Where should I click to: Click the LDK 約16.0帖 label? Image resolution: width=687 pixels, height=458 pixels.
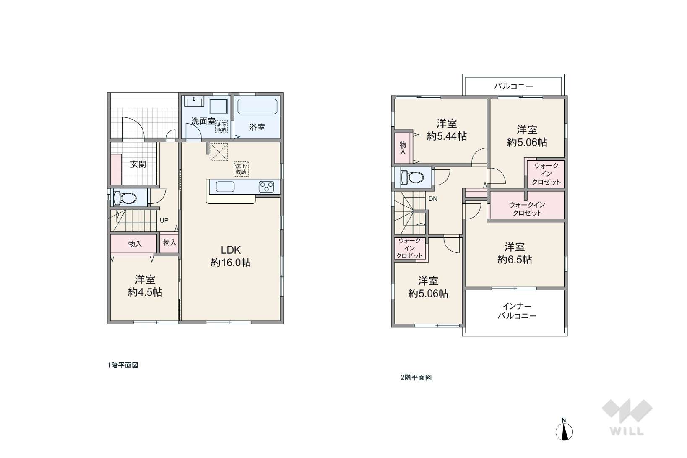pyautogui.click(x=231, y=256)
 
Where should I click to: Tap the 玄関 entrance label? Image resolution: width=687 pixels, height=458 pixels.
pyautogui.click(x=138, y=164)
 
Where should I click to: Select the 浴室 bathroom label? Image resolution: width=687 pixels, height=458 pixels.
pyautogui.click(x=257, y=128)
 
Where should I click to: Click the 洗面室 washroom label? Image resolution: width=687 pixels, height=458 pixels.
pyautogui.click(x=203, y=121)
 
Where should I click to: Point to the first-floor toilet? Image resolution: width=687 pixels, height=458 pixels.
pyautogui.click(x=125, y=198)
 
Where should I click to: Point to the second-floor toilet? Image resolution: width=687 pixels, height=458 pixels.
pyautogui.click(x=412, y=177)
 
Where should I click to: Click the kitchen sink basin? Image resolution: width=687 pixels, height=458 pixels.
pyautogui.click(x=225, y=187)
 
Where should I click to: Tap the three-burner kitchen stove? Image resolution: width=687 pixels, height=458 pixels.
pyautogui.click(x=266, y=187)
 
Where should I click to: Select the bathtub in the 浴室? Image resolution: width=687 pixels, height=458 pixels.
pyautogui.click(x=258, y=107)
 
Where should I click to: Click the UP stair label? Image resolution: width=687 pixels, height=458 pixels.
pyautogui.click(x=164, y=220)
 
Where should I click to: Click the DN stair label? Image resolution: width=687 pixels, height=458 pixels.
pyautogui.click(x=433, y=199)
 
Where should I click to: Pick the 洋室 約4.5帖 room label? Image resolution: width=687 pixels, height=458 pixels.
pyautogui.click(x=145, y=286)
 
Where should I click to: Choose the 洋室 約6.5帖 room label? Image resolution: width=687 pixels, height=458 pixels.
pyautogui.click(x=515, y=253)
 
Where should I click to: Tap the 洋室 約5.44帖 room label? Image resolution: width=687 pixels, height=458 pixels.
pyautogui.click(x=447, y=130)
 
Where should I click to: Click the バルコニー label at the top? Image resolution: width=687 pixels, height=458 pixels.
pyautogui.click(x=513, y=86)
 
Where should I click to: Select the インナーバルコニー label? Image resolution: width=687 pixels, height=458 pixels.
pyautogui.click(x=517, y=311)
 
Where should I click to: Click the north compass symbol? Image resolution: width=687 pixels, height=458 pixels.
pyautogui.click(x=564, y=429)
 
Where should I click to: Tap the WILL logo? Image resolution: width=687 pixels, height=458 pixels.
pyautogui.click(x=627, y=417)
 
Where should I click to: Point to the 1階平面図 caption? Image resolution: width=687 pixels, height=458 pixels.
pyautogui.click(x=123, y=365)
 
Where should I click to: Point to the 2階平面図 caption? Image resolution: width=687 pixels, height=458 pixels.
pyautogui.click(x=416, y=377)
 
